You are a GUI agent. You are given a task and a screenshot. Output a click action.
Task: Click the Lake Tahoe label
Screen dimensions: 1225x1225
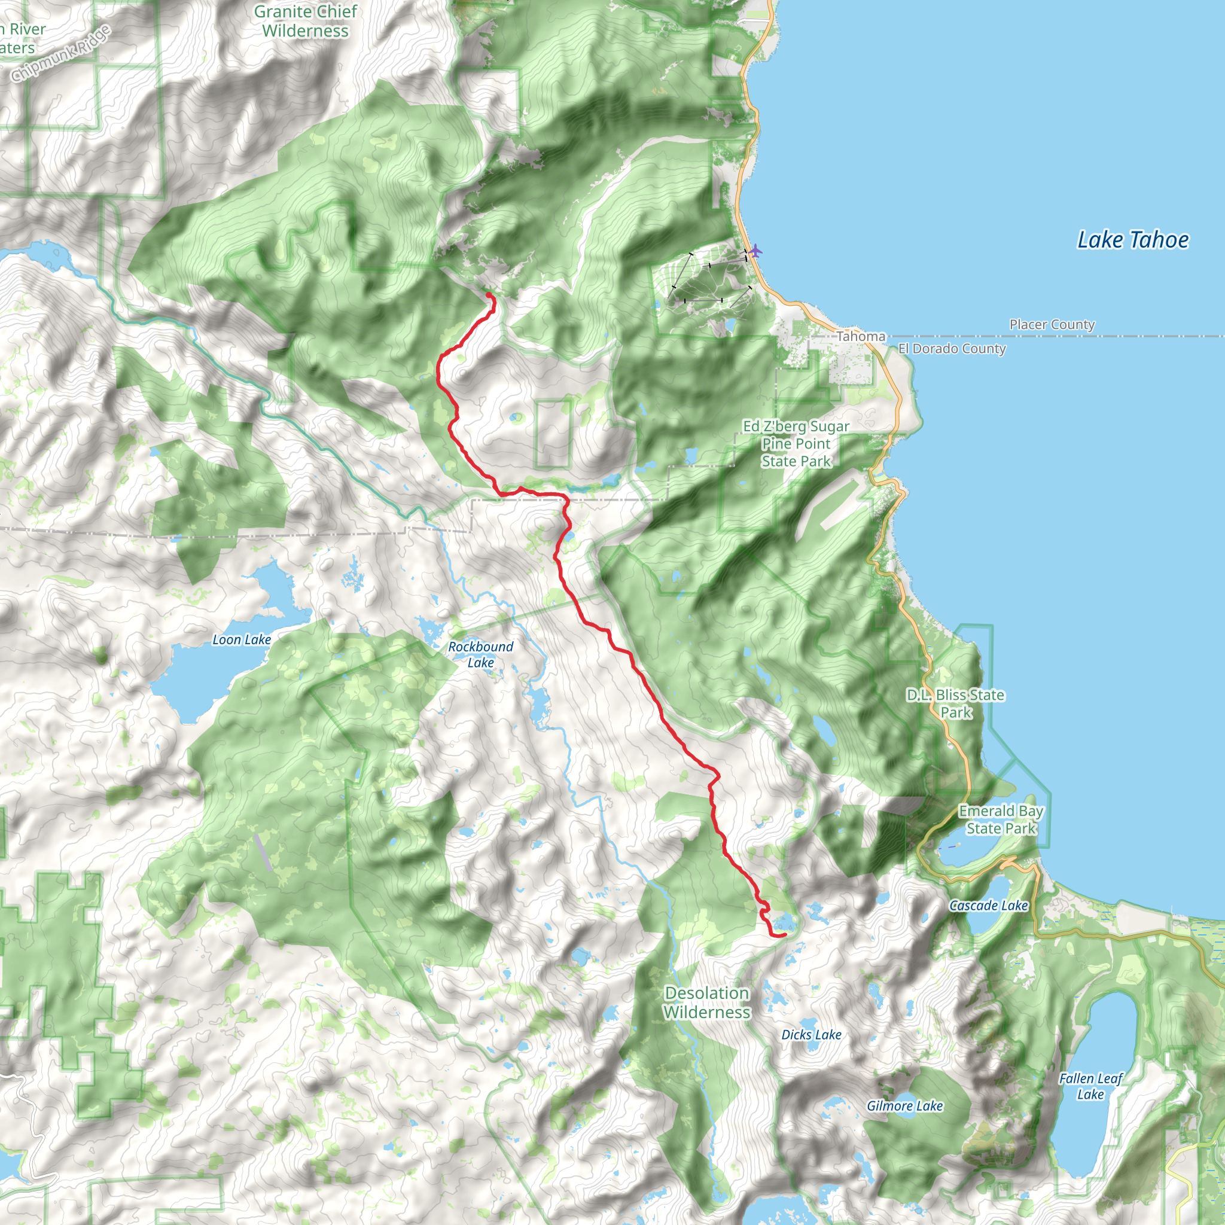[x=1132, y=240]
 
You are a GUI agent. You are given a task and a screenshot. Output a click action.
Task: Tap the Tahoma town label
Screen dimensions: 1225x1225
[x=860, y=337]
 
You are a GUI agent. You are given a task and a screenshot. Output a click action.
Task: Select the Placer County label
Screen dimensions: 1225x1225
[x=1052, y=325]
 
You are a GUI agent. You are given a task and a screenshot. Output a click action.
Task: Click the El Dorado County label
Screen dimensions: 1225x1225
[x=951, y=349]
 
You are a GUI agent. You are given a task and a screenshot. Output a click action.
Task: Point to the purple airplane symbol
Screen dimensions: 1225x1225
[x=754, y=251]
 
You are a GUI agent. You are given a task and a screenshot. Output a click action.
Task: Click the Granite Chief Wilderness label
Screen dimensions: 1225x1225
[x=305, y=21]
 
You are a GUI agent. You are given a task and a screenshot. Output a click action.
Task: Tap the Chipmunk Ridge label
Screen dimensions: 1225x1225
[x=61, y=54]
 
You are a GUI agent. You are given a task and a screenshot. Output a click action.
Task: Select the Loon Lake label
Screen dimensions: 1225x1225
[x=241, y=640]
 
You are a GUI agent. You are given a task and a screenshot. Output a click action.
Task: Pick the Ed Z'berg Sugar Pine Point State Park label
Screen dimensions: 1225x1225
[x=796, y=444]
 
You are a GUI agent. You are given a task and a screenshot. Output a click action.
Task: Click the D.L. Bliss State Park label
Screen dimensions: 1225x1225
[x=955, y=704]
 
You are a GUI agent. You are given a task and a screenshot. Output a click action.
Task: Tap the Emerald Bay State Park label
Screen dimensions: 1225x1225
[x=1000, y=820]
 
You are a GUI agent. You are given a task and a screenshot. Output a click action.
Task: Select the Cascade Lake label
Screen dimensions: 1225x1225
[x=988, y=906]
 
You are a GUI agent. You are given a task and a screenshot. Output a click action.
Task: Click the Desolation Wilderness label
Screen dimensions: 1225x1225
[x=706, y=1002]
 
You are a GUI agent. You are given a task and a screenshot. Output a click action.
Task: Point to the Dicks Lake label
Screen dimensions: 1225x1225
[x=811, y=1035]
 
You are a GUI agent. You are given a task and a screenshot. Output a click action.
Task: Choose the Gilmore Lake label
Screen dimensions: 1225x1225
[x=904, y=1106]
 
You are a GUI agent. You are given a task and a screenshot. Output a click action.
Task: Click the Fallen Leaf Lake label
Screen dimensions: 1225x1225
[x=1090, y=1086]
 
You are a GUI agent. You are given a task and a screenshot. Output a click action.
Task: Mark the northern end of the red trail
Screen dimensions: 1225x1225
[x=488, y=294]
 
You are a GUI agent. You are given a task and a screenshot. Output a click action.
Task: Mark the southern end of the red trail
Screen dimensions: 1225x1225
[x=785, y=935]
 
